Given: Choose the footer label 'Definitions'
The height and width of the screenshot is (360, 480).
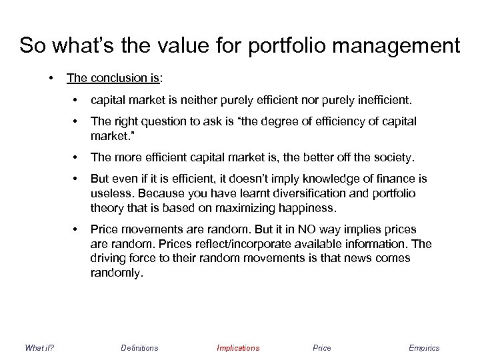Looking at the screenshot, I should [139, 348].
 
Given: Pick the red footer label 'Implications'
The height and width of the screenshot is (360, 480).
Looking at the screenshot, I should [238, 348].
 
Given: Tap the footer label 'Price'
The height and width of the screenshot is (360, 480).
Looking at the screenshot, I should [321, 348].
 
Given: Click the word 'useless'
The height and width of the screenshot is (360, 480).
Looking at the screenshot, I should [109, 193].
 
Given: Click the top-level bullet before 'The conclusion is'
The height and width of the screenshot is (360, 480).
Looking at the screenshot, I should [51, 77].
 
